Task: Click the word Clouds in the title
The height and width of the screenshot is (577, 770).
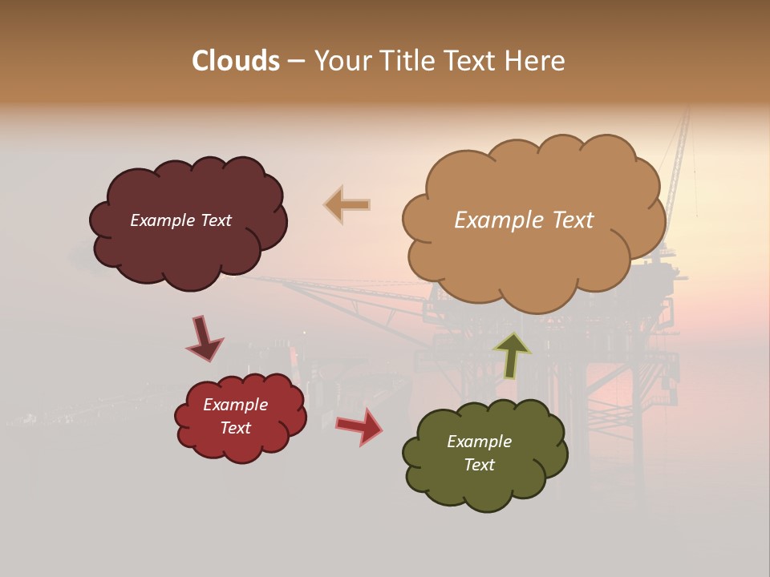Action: [x=236, y=61]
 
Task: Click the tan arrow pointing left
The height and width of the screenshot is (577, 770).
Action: [x=346, y=204]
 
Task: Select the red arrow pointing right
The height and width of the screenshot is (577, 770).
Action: [x=359, y=426]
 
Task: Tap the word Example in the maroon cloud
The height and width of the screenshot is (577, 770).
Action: [x=163, y=220]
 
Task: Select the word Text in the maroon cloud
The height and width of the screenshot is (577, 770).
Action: [x=216, y=220]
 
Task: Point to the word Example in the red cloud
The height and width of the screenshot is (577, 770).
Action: [x=235, y=405]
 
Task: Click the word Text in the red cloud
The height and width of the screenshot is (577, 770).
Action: [x=235, y=428]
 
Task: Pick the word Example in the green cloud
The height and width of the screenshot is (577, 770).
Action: [x=479, y=442]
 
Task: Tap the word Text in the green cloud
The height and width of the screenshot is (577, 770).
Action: [x=479, y=465]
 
